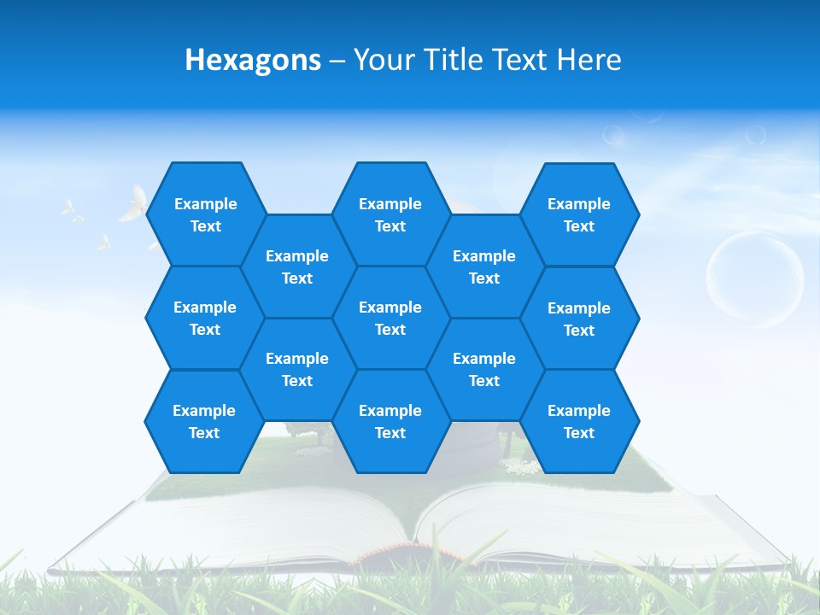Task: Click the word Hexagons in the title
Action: point(253,60)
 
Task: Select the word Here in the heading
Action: point(589,60)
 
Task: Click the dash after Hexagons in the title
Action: point(337,61)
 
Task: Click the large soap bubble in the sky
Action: point(755,278)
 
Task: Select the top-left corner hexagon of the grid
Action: point(205,214)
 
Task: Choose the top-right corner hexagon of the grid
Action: point(579,214)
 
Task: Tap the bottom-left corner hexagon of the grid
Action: point(204,422)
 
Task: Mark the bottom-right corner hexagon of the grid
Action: point(579,422)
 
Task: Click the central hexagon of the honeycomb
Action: point(390,318)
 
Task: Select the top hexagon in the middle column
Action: point(390,214)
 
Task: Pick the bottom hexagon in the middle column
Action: point(390,422)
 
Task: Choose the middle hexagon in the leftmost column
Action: point(205,318)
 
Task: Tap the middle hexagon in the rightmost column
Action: point(579,319)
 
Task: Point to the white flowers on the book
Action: point(522,466)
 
